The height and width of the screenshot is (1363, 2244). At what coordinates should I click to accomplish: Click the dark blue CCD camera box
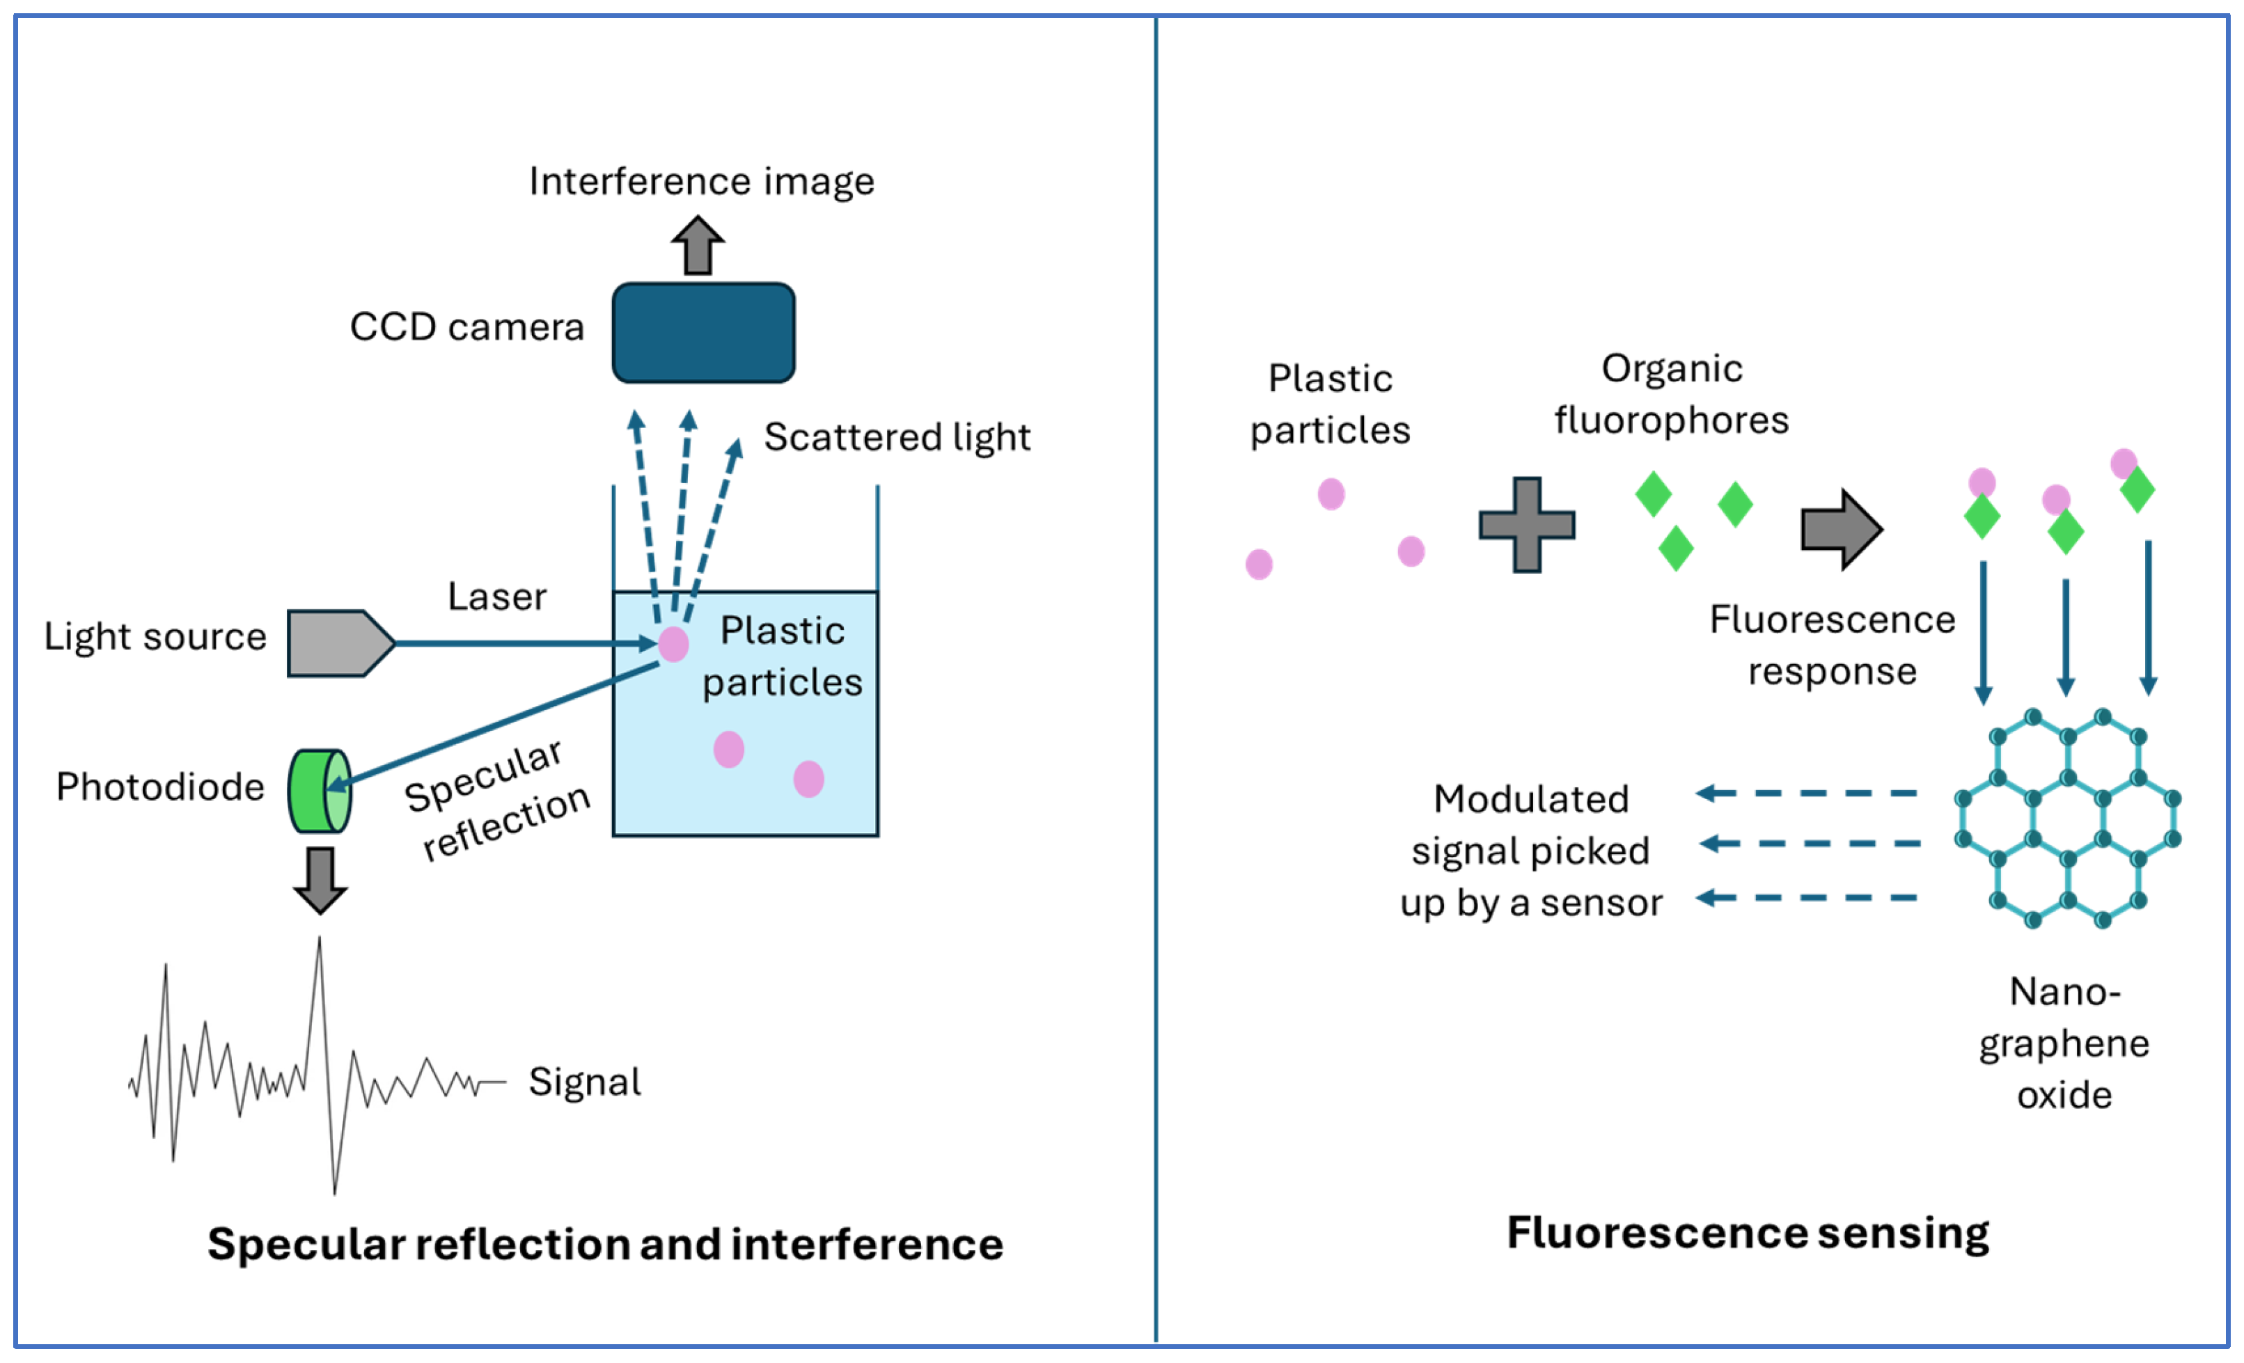[x=703, y=332]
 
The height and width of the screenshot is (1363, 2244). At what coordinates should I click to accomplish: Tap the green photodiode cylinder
[x=320, y=790]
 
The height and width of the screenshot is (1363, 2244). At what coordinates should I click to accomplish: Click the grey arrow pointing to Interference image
[x=698, y=245]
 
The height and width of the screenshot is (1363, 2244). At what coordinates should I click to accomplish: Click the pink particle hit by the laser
[x=673, y=644]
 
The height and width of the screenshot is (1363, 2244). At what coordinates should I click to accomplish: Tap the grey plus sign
[x=1528, y=524]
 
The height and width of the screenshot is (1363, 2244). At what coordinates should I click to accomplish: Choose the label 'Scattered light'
[x=897, y=437]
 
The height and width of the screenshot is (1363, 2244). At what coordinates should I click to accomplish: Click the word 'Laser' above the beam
[x=497, y=597]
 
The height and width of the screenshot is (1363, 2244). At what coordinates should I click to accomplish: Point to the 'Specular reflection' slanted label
[x=497, y=799]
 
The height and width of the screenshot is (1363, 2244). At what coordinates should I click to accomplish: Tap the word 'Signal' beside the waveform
[x=585, y=1082]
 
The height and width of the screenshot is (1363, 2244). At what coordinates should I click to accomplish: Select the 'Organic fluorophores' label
[x=1671, y=394]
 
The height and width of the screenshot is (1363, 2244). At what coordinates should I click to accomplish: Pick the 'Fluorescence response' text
[x=1833, y=645]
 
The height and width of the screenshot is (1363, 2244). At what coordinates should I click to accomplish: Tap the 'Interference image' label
[x=701, y=181]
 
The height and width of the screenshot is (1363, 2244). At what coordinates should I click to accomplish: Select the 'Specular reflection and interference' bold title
[x=606, y=1244]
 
